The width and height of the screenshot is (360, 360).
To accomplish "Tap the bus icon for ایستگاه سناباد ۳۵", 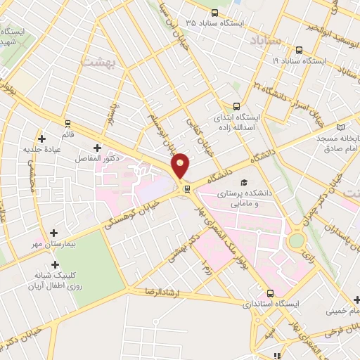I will coord(214,13).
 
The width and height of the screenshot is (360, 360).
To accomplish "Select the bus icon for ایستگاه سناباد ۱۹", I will coord(300,50).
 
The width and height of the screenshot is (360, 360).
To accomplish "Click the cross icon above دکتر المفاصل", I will coord(96,148).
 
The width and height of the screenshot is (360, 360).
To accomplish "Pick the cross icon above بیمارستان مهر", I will coord(55,232).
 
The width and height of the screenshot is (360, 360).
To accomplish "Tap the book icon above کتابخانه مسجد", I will coord(341,127).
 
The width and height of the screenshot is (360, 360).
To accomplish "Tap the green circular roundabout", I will coord(297,241).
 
